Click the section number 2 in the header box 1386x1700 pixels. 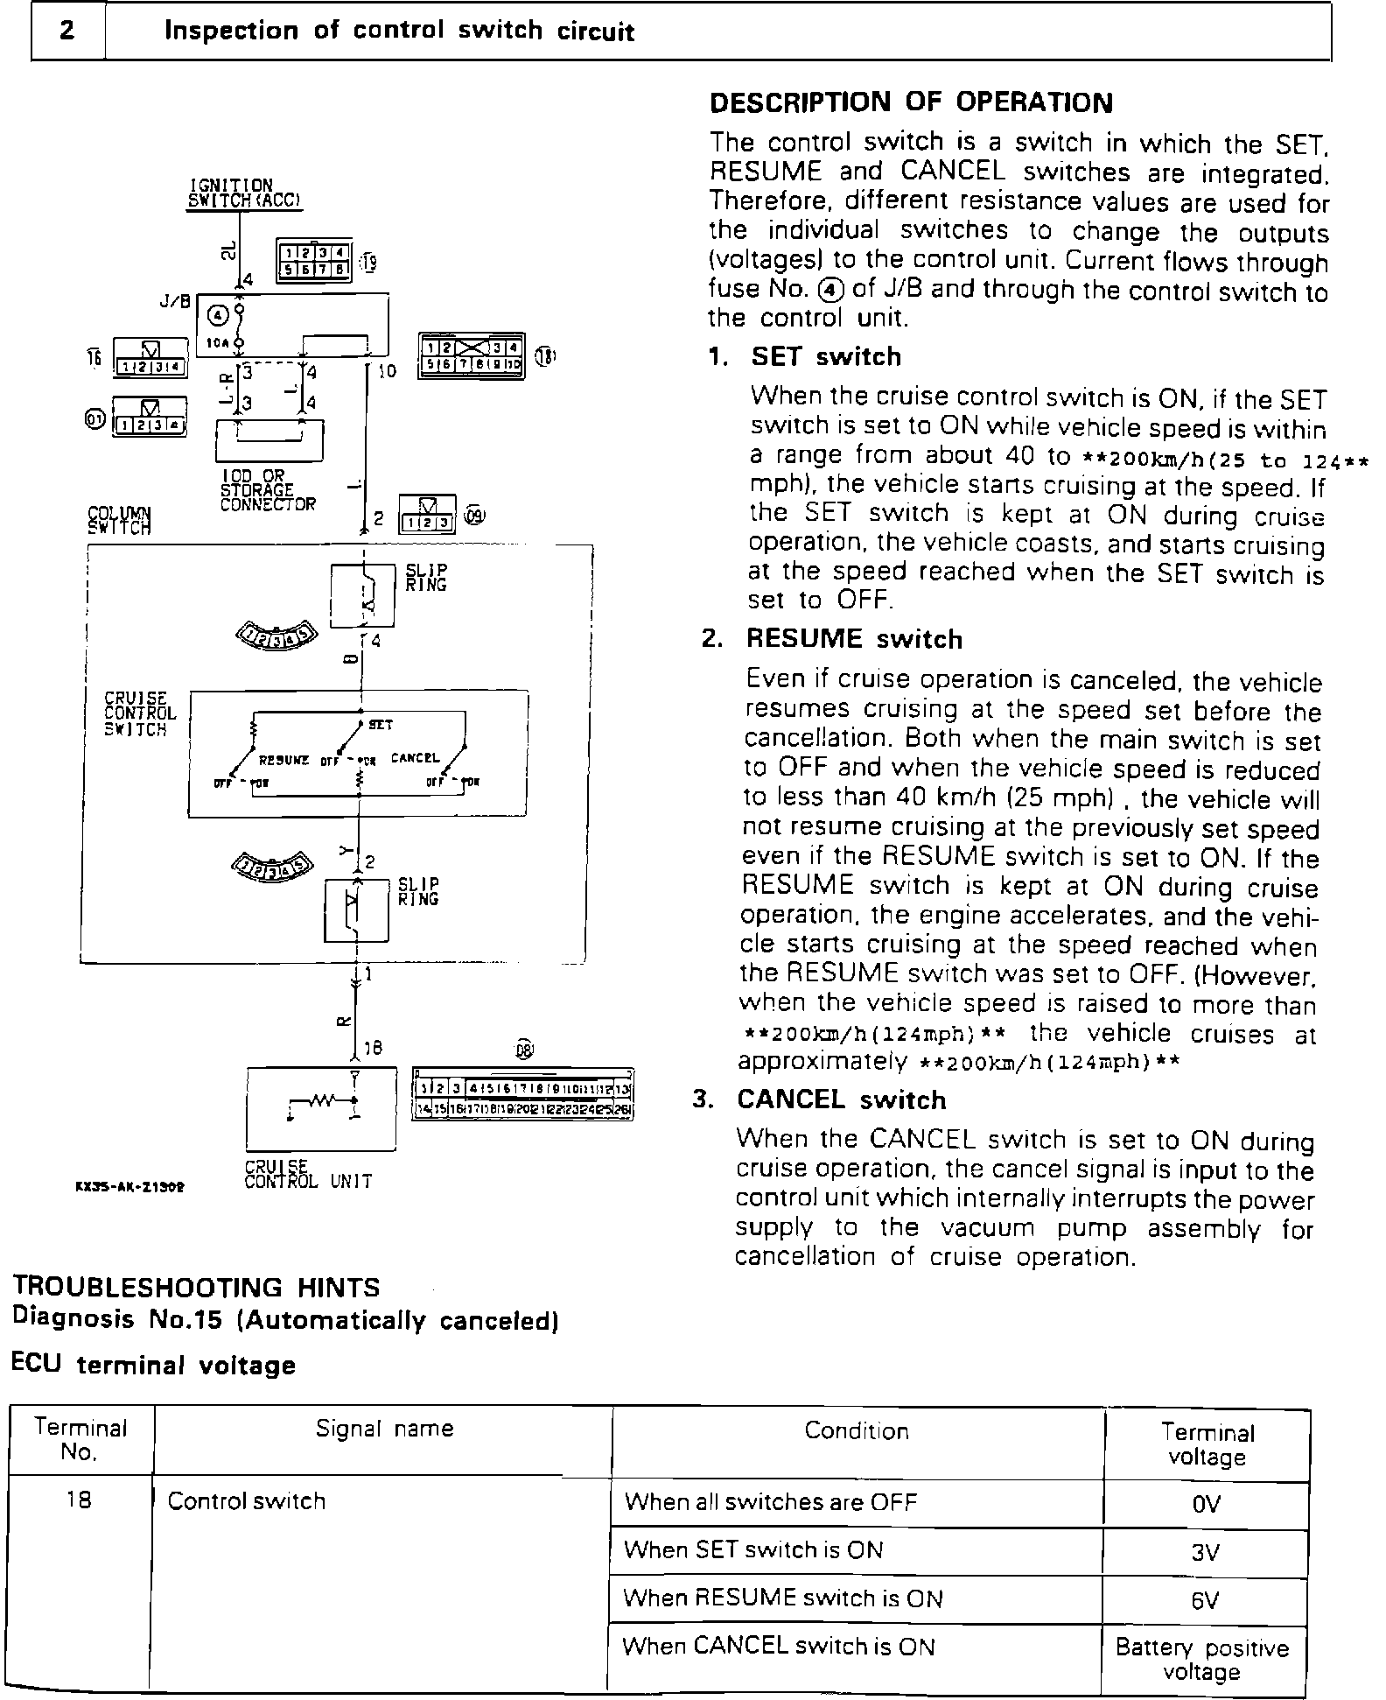click(x=67, y=31)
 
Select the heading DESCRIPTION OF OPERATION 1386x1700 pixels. click(x=911, y=102)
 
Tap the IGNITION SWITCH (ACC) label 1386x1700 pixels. click(x=245, y=193)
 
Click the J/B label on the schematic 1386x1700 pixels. click(x=175, y=301)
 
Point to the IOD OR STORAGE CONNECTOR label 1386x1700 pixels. click(x=268, y=490)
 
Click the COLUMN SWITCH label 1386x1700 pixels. click(x=119, y=520)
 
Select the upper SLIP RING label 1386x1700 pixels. click(x=426, y=577)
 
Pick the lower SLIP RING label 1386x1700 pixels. click(x=418, y=892)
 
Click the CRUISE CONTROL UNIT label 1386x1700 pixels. click(x=308, y=1175)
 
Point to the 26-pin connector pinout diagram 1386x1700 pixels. click(x=522, y=1095)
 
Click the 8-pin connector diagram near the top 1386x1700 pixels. click(x=313, y=260)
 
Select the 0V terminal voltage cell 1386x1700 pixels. click(x=1206, y=1504)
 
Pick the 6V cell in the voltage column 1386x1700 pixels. click(x=1205, y=1600)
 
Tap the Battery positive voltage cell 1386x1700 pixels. click(x=1202, y=1660)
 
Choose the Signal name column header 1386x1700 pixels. click(x=384, y=1429)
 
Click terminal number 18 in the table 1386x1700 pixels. click(x=79, y=1500)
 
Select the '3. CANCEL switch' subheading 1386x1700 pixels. click(x=820, y=1099)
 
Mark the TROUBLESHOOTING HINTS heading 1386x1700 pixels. click(x=196, y=1288)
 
